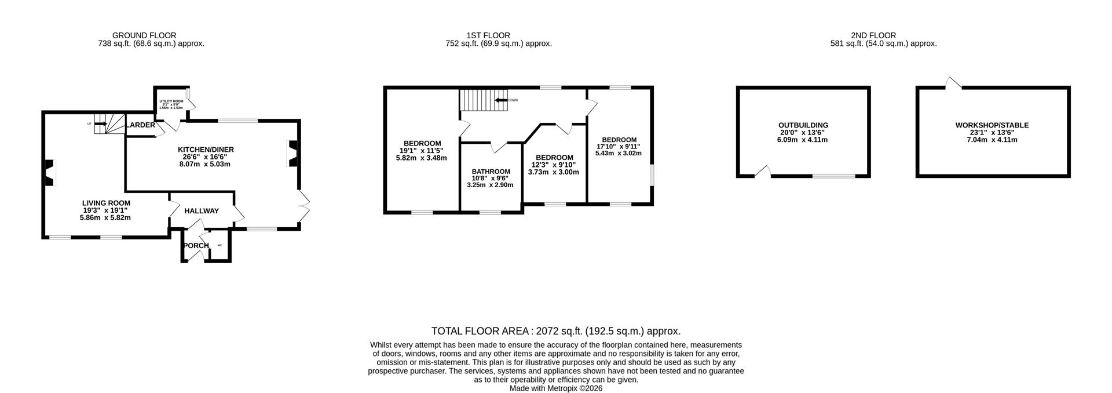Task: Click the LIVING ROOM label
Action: click(x=105, y=203)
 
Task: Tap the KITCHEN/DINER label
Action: click(x=206, y=150)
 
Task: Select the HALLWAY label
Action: click(x=202, y=211)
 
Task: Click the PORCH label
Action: click(x=196, y=246)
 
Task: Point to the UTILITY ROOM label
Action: click(x=171, y=101)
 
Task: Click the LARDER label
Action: click(x=142, y=125)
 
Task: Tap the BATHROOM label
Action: click(x=491, y=172)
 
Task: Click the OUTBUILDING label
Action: click(x=803, y=125)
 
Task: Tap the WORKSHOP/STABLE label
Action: click(x=992, y=125)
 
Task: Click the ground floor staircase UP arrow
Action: click(x=100, y=123)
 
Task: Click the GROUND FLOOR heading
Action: click(x=144, y=35)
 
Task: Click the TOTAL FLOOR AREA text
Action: click(x=555, y=331)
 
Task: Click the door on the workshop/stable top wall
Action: click(x=952, y=84)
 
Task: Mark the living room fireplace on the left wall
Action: click(x=50, y=173)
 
